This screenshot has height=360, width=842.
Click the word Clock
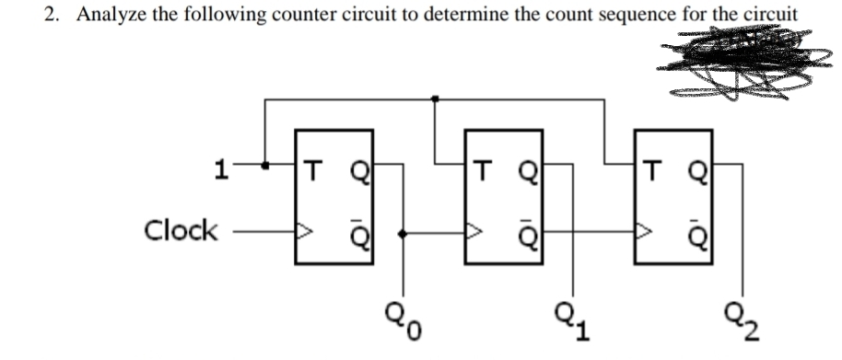click(x=181, y=230)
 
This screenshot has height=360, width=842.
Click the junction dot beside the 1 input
click(x=266, y=167)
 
